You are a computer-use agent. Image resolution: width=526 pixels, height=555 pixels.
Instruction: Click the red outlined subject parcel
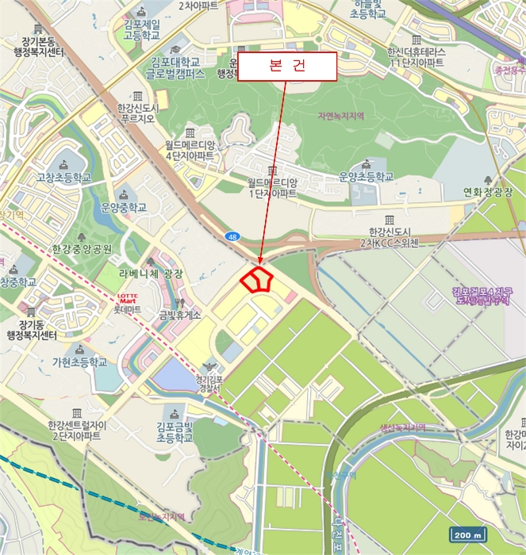pyautogui.click(x=257, y=280)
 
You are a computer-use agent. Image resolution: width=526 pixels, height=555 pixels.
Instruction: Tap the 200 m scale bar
pyautogui.click(x=466, y=534)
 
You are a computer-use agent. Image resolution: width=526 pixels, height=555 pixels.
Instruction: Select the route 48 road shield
pyautogui.click(x=231, y=236)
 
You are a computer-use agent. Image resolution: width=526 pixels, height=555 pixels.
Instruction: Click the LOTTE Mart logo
pyautogui.click(x=127, y=299)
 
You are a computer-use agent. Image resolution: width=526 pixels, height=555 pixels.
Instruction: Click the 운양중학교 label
pyautogui.click(x=124, y=208)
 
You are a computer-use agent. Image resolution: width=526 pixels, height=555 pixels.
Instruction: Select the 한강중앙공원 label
pyautogui.click(x=82, y=248)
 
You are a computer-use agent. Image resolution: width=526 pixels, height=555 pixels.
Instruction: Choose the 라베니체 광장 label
pyautogui.click(x=152, y=274)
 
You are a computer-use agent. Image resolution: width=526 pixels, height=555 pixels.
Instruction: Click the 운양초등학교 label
pyautogui.click(x=366, y=177)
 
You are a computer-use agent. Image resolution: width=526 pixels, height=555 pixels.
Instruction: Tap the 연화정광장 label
pyautogui.click(x=489, y=192)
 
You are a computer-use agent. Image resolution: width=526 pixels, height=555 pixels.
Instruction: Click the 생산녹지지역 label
pyautogui.click(x=402, y=428)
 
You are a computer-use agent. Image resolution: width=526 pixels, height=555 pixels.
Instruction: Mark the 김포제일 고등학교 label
pyautogui.click(x=141, y=30)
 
